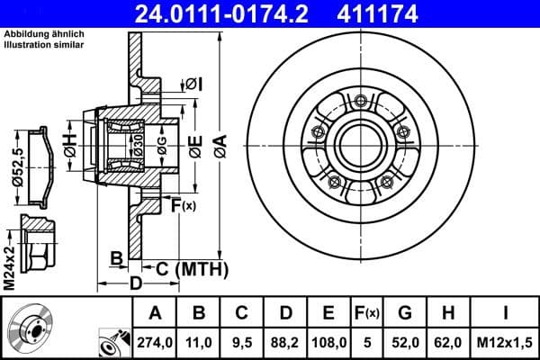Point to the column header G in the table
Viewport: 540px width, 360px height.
click(405, 313)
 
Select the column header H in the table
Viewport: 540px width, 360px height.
click(447, 313)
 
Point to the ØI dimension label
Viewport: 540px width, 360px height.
click(193, 84)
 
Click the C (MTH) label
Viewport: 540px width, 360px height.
click(185, 267)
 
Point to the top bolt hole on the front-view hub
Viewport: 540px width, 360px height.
click(359, 101)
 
